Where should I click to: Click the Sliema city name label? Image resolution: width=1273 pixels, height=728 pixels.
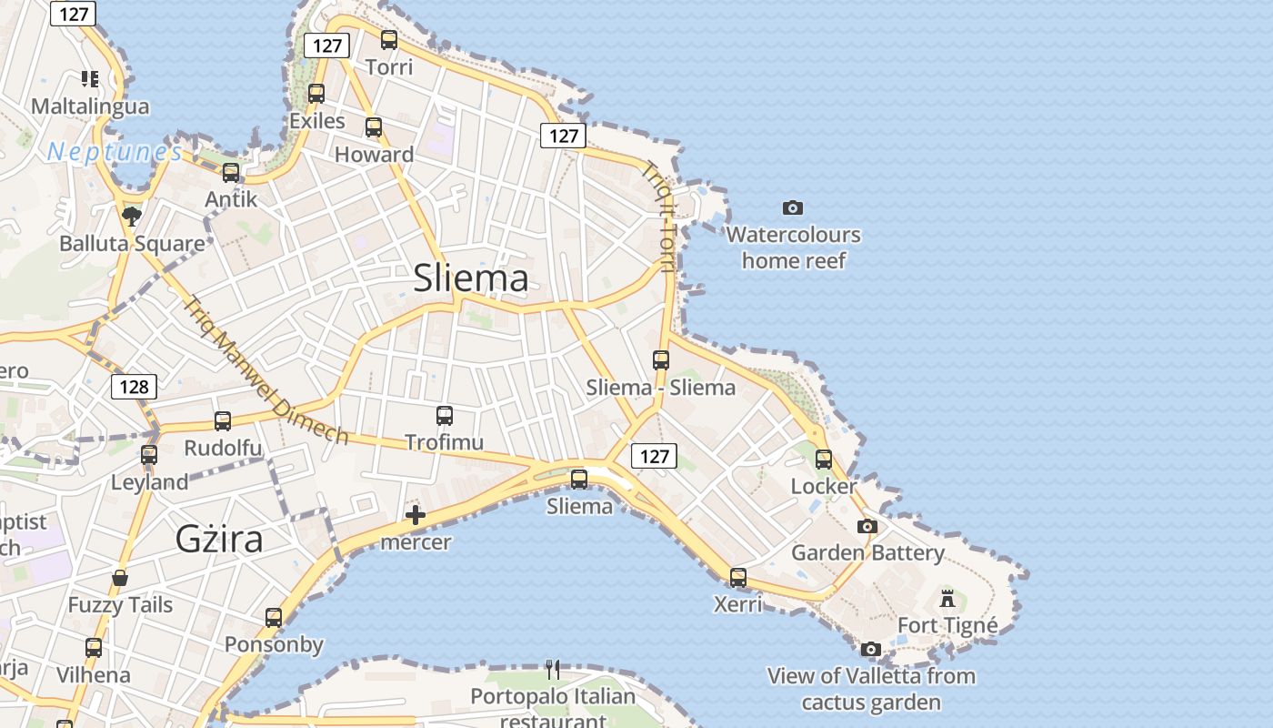click(470, 278)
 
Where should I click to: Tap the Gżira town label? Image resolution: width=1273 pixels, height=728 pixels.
click(219, 540)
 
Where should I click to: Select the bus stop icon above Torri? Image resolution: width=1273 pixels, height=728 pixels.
click(389, 39)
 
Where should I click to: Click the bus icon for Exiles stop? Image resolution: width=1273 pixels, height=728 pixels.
click(316, 93)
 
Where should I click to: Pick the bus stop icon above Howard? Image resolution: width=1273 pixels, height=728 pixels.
click(374, 127)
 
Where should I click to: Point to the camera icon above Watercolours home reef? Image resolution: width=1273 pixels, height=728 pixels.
click(793, 207)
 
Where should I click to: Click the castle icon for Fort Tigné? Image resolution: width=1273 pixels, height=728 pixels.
click(947, 598)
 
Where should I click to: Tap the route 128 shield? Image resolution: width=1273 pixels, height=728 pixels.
click(134, 387)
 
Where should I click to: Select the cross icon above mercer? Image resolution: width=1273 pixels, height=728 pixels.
click(416, 516)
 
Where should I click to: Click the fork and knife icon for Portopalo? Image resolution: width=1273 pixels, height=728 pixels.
click(553, 670)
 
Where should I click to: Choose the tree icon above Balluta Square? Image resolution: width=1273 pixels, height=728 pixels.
click(132, 216)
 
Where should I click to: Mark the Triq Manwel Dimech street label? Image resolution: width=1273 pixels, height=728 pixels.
click(266, 369)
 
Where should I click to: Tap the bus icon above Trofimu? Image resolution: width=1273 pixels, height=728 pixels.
click(445, 416)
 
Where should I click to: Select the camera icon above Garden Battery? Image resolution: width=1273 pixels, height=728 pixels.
click(867, 526)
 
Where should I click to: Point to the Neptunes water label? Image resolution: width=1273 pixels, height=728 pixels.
click(115, 152)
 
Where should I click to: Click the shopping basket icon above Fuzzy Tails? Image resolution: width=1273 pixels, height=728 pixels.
click(120, 578)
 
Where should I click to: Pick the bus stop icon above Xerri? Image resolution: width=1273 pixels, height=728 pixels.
click(738, 577)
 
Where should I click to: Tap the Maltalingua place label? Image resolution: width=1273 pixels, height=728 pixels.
click(90, 106)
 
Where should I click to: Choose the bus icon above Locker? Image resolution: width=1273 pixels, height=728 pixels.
click(824, 460)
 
